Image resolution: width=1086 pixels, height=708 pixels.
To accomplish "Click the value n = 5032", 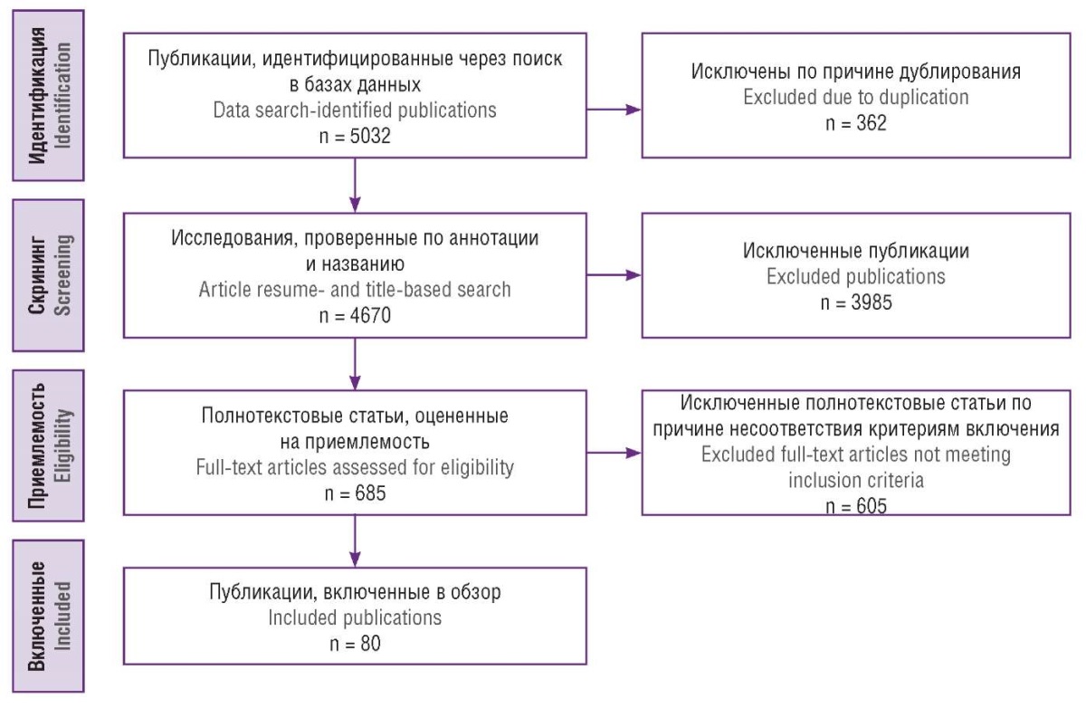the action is pyautogui.click(x=355, y=137).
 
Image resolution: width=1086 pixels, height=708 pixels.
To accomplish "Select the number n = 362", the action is pyautogui.click(x=856, y=123).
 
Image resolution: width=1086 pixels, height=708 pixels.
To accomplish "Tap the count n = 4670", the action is pyautogui.click(x=355, y=316).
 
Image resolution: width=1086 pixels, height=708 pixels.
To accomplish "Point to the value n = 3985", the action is pyautogui.click(x=856, y=302).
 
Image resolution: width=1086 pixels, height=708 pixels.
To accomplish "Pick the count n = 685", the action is pyautogui.click(x=355, y=493).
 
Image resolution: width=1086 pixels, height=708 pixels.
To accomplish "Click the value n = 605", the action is pyautogui.click(x=856, y=506).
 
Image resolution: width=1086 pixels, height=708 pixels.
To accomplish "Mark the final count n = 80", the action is pyautogui.click(x=355, y=644).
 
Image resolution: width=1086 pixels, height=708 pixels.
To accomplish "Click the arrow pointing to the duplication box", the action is pyautogui.click(x=614, y=110).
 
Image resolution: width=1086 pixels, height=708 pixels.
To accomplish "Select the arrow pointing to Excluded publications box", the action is pyautogui.click(x=614, y=275).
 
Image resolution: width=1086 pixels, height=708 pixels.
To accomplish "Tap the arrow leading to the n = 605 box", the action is pyautogui.click(x=614, y=453).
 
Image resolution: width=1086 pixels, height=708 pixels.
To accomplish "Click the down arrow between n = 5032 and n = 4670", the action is pyautogui.click(x=355, y=186).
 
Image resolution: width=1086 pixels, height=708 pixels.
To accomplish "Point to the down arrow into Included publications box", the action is pyautogui.click(x=355, y=541).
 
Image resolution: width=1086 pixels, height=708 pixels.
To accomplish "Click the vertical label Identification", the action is pyautogui.click(x=63, y=96).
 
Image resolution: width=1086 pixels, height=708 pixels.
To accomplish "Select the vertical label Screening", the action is pyautogui.click(x=63, y=275).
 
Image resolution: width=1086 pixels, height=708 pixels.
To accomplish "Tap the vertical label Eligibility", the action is pyautogui.click(x=63, y=446).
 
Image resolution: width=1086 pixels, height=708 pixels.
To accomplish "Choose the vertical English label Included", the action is pyautogui.click(x=63, y=616).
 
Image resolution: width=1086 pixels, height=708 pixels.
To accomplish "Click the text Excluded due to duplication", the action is pyautogui.click(x=856, y=98).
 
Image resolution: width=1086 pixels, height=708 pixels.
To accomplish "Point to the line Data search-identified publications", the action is pyautogui.click(x=355, y=110).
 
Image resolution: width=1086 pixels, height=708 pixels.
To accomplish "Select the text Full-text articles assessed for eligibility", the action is pyautogui.click(x=355, y=467).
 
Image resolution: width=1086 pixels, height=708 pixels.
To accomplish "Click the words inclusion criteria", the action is pyautogui.click(x=856, y=481).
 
